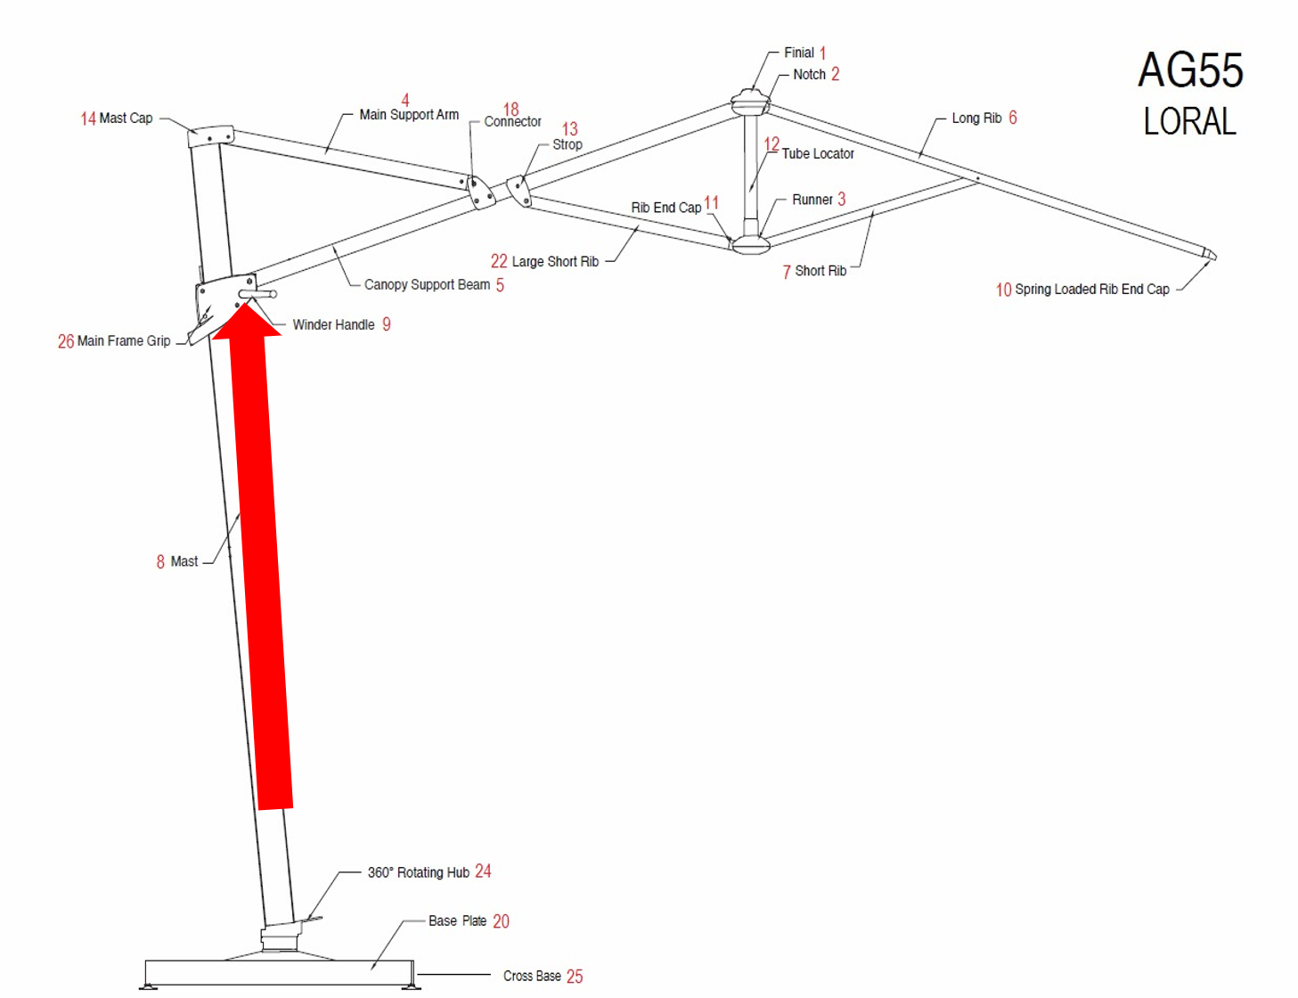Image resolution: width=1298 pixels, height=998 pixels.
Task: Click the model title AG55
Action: pyautogui.click(x=1190, y=70)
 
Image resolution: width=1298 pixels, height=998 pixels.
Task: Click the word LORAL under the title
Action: pyautogui.click(x=1189, y=121)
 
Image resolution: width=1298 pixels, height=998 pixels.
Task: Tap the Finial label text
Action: pyautogui.click(x=798, y=53)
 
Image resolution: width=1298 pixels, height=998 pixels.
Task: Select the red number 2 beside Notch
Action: pyautogui.click(x=835, y=74)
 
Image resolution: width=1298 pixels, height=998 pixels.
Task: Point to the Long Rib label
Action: pyautogui.click(x=976, y=118)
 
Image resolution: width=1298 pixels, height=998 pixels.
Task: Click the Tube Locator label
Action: pyautogui.click(x=818, y=153)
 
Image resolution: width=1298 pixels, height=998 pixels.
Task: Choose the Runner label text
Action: pyautogui.click(x=812, y=200)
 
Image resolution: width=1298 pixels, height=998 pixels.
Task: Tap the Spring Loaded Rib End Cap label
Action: pyautogui.click(x=1091, y=289)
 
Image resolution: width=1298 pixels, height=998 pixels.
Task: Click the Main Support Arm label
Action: pyautogui.click(x=409, y=114)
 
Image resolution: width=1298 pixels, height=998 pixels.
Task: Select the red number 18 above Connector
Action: pyautogui.click(x=510, y=109)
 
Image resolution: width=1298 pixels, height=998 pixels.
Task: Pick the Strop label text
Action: pyautogui.click(x=567, y=144)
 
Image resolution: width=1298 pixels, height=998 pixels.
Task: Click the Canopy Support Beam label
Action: pyautogui.click(x=427, y=284)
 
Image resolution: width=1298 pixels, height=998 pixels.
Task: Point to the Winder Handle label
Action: pyautogui.click(x=333, y=324)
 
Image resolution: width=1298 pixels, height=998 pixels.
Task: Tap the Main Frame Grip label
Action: pyautogui.click(x=123, y=340)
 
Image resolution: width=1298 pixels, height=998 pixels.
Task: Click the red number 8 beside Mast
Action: pyautogui.click(x=160, y=561)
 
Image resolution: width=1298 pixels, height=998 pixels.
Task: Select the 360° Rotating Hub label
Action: pyautogui.click(x=418, y=872)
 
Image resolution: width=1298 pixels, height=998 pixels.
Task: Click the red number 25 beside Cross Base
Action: pyautogui.click(x=575, y=977)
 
